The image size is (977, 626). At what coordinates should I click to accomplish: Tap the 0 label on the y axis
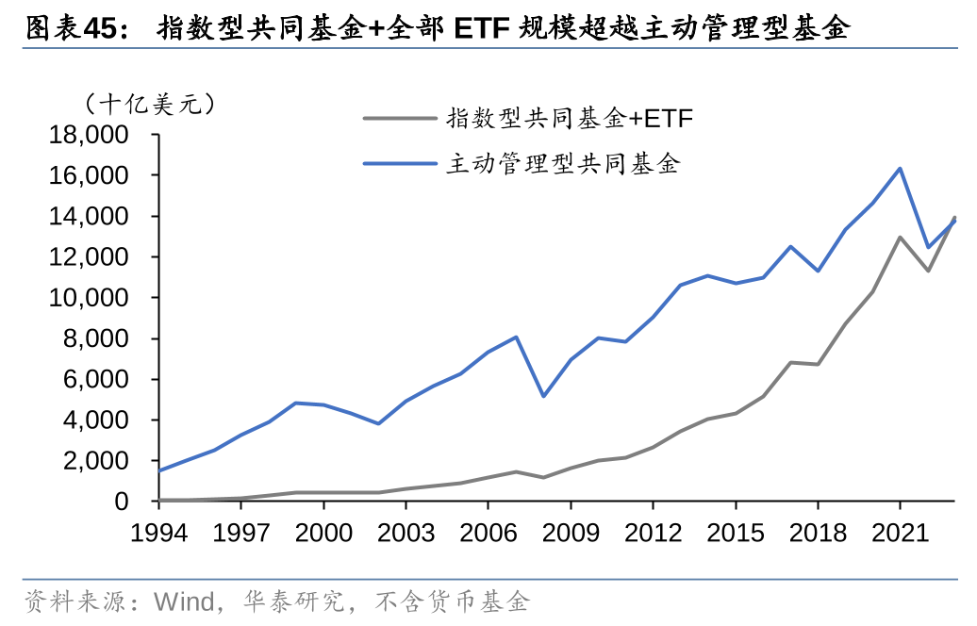point(121,502)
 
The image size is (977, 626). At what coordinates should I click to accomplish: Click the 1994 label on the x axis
point(158,533)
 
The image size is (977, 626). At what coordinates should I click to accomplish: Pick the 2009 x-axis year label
point(571,533)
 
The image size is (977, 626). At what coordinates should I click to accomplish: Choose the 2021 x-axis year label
point(900,533)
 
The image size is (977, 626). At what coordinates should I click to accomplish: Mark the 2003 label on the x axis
point(406,533)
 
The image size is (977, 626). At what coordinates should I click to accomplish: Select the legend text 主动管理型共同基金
point(562,163)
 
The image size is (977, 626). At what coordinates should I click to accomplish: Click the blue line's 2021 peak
point(900,169)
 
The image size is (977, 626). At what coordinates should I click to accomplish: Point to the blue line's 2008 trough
point(543,396)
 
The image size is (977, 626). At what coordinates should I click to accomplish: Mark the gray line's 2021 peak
point(900,237)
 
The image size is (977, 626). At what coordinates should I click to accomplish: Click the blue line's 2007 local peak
point(516,337)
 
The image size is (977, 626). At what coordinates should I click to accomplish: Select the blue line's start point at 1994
point(158,470)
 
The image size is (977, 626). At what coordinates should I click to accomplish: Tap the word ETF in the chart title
point(482,28)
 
